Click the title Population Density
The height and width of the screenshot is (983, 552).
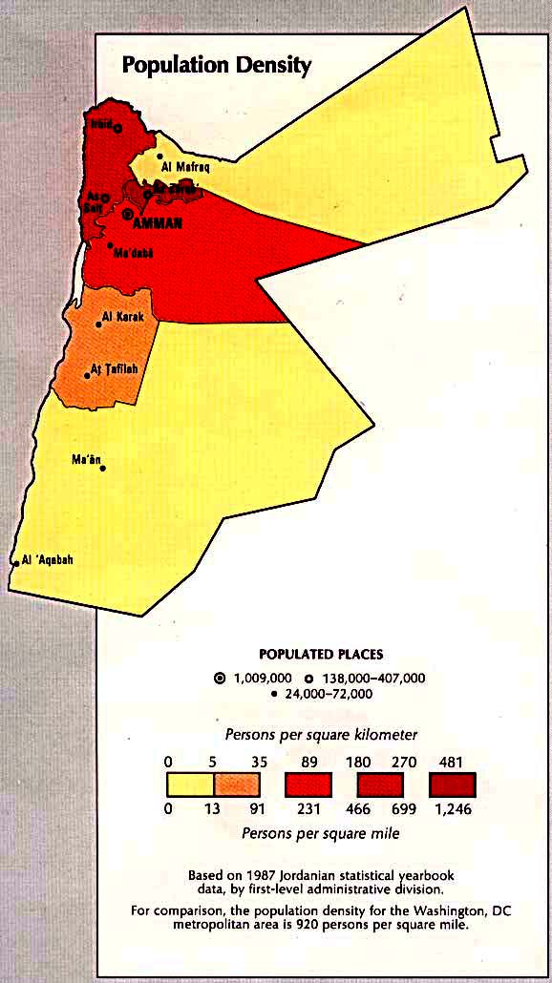pyautogui.click(x=215, y=66)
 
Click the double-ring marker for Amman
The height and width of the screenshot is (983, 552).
pyautogui.click(x=128, y=215)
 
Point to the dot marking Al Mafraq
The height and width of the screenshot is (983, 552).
pyautogui.click(x=160, y=156)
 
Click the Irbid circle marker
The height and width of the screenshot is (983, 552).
pyautogui.click(x=118, y=128)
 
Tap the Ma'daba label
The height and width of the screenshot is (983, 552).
pyautogui.click(x=134, y=254)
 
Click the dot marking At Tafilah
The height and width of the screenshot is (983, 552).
pyautogui.click(x=87, y=375)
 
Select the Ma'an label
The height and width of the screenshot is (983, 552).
pyautogui.click(x=86, y=460)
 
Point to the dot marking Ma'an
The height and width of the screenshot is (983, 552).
pyautogui.click(x=103, y=468)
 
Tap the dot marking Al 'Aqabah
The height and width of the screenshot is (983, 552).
pyautogui.click(x=16, y=563)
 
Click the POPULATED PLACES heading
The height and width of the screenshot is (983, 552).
pyautogui.click(x=321, y=654)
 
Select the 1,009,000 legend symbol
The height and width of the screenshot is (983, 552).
pyautogui.click(x=221, y=678)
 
